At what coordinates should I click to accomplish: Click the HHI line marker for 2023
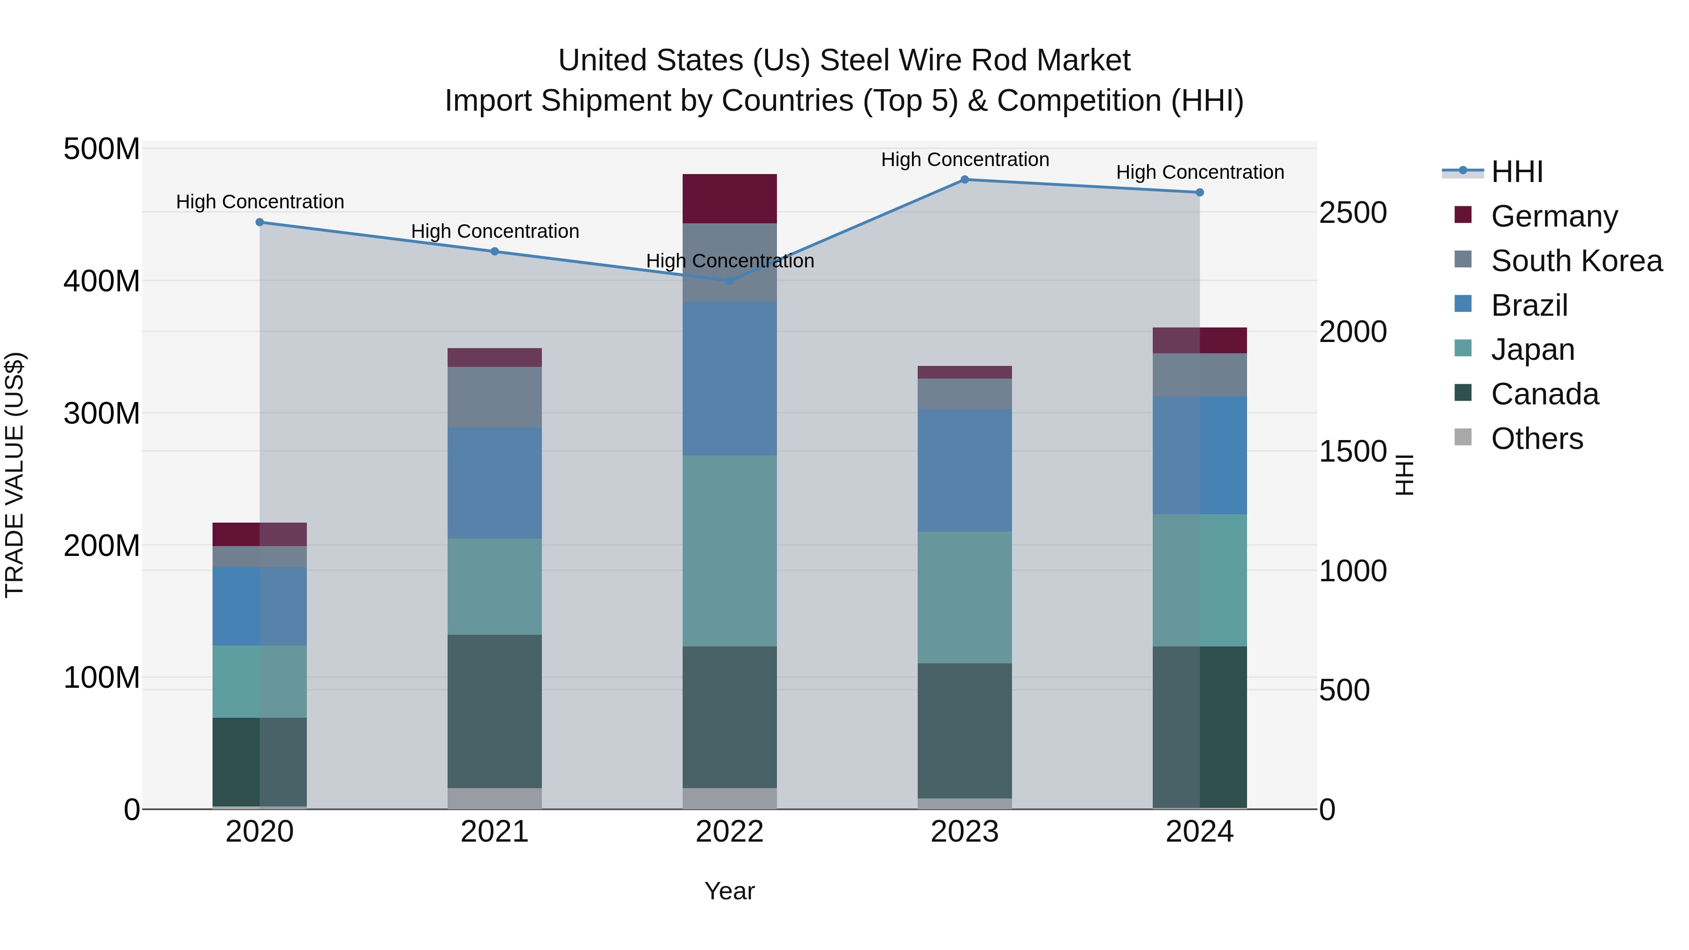coord(965,180)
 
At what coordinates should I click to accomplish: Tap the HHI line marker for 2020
coord(259,222)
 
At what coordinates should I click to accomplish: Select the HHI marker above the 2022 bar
coord(730,281)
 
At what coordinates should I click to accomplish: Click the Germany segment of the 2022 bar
coord(730,198)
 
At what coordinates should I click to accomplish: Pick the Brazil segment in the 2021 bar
coord(495,483)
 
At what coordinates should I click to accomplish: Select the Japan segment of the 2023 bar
coord(965,597)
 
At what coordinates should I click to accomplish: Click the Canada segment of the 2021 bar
coord(495,711)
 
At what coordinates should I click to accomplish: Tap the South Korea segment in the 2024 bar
coord(1200,375)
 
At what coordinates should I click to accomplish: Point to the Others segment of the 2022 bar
coord(730,798)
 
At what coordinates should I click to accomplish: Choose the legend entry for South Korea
coord(1576,261)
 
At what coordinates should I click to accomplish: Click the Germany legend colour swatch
coord(1463,215)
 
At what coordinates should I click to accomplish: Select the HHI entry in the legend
coord(1516,172)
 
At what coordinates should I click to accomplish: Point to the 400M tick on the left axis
coord(102,281)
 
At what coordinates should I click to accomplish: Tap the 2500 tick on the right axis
coord(1353,213)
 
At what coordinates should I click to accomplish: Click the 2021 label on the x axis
coord(495,832)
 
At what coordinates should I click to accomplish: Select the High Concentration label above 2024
coord(1200,173)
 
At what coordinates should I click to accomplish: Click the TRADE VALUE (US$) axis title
coord(15,475)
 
